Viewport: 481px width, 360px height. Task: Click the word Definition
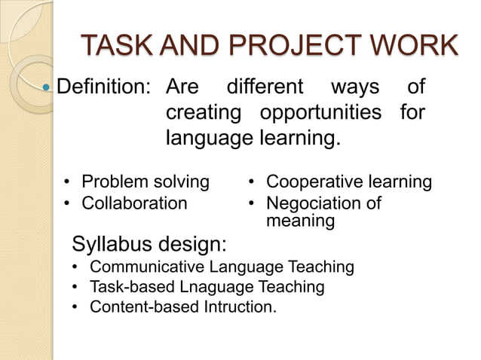pos(105,88)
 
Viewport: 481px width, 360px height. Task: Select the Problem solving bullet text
pos(145,182)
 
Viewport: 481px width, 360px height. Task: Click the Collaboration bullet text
pos(133,203)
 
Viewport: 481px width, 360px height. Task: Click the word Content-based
pos(136,307)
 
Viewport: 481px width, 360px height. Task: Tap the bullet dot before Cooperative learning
pos(253,183)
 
